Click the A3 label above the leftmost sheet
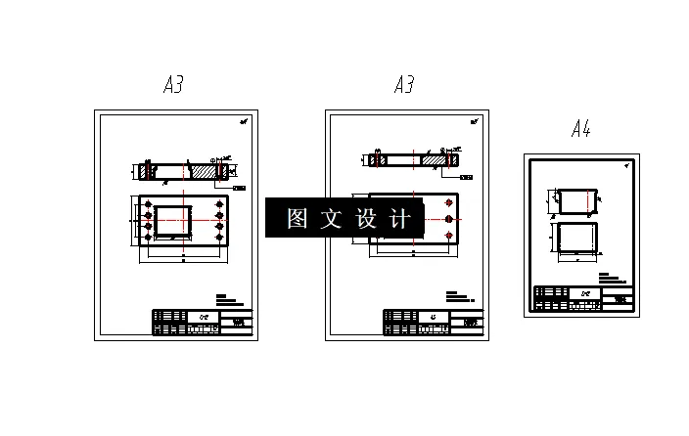point(173,85)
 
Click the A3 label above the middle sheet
point(404,85)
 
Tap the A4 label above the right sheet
point(581,129)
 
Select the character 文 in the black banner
point(332,218)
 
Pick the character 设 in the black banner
point(366,218)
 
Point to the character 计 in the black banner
point(399,218)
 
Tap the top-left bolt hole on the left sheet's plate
point(148,205)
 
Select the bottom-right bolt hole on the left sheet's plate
point(218,238)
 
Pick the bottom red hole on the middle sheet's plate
point(448,237)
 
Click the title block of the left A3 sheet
point(202,323)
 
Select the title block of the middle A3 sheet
point(433,323)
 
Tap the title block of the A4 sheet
point(582,298)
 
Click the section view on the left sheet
point(184,170)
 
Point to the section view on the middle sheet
point(415,159)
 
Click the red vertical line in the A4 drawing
point(586,200)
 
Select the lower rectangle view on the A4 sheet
point(575,239)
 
